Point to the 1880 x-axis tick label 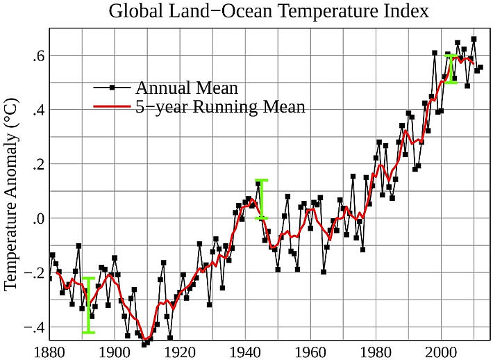tap(50, 351)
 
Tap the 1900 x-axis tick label tap(115, 351)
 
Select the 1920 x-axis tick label tap(181, 351)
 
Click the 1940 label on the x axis tap(246, 351)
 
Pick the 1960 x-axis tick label tap(312, 351)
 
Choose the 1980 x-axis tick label tap(377, 351)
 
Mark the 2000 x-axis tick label tap(442, 351)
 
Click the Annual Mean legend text tap(187, 88)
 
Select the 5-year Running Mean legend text tap(220, 107)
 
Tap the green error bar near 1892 tap(88, 305)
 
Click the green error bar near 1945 tap(262, 199)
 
